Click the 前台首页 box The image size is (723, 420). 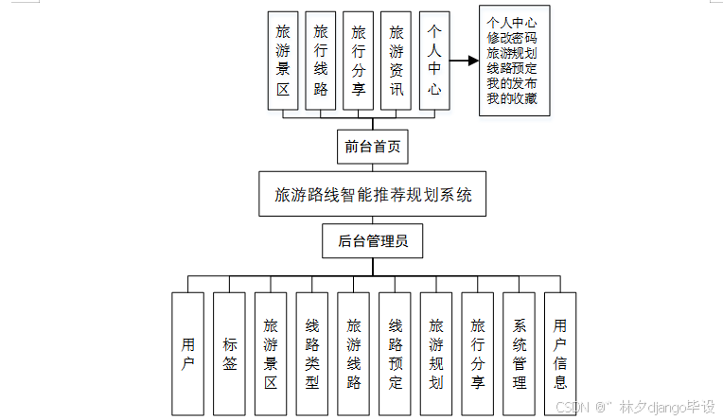[x=372, y=147]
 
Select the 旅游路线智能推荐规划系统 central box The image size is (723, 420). [x=372, y=195]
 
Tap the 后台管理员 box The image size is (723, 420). [x=372, y=241]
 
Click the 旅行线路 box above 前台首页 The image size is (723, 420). [x=321, y=61]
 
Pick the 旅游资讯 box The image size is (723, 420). [x=397, y=61]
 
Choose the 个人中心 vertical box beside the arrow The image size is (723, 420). [x=433, y=61]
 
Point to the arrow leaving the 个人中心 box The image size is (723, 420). [x=462, y=61]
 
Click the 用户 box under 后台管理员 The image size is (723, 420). [x=188, y=354]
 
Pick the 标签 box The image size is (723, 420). [x=230, y=354]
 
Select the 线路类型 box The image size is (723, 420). [x=312, y=354]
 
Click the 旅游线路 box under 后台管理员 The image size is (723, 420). [x=354, y=354]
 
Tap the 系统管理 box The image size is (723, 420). [x=519, y=354]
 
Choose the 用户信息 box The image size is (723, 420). [x=560, y=354]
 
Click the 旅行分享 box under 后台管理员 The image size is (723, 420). [x=477, y=354]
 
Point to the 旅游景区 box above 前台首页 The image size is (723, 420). [x=283, y=61]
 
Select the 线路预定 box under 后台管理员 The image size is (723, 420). [x=395, y=354]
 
